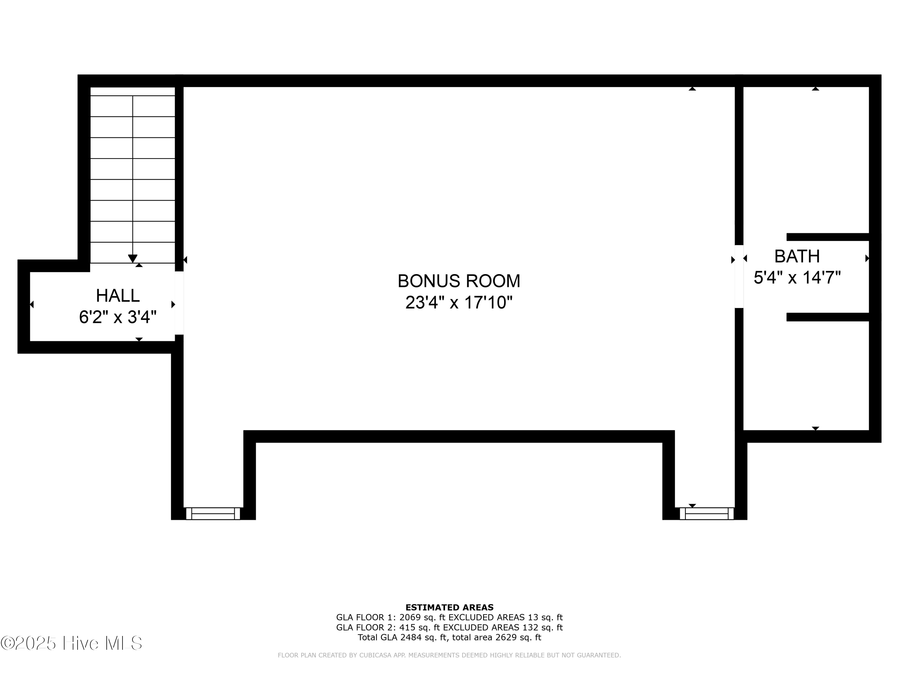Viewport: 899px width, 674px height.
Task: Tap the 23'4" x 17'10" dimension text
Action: point(458,303)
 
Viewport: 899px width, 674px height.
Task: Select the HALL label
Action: point(118,296)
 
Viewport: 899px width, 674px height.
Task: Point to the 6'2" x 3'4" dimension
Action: point(118,317)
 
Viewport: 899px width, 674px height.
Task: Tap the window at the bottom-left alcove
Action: point(213,513)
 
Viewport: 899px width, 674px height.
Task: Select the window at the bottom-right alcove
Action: point(707,513)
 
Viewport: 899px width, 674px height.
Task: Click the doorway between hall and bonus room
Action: point(179,303)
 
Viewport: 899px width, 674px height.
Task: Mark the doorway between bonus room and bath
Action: point(739,276)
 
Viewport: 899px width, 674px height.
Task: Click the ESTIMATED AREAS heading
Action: point(450,607)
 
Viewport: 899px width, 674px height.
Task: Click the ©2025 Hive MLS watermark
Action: point(72,643)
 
